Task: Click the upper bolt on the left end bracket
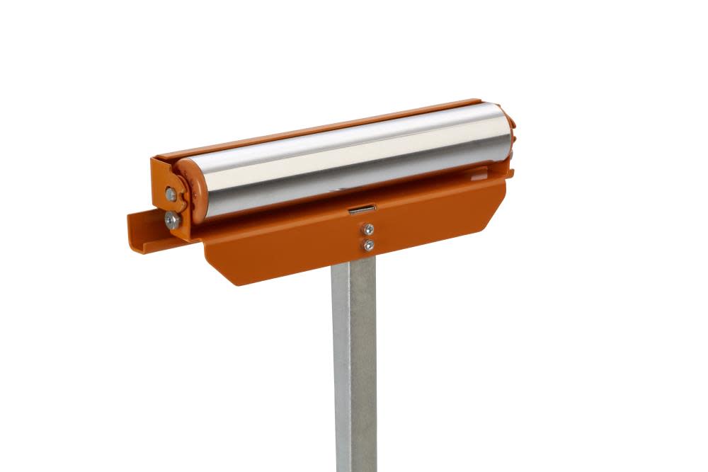pyautogui.click(x=171, y=193)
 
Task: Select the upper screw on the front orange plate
pyautogui.click(x=368, y=229)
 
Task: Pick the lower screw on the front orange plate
pyautogui.click(x=368, y=245)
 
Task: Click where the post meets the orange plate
pyautogui.click(x=354, y=260)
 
